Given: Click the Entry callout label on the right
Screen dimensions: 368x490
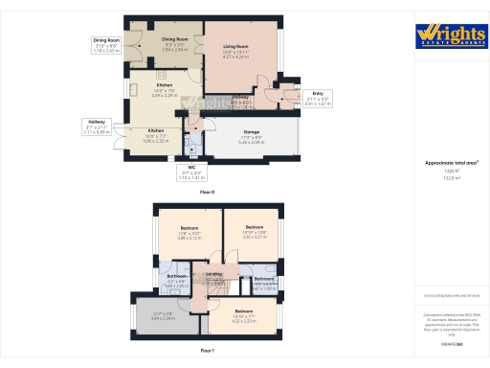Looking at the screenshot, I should click(x=318, y=97).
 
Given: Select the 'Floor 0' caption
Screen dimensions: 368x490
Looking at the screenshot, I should click(x=208, y=193).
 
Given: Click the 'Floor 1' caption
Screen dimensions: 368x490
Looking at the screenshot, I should click(x=208, y=352).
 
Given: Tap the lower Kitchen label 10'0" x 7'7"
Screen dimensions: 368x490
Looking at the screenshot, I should click(x=156, y=133).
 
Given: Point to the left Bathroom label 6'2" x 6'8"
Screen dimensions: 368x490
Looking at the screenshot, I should click(x=176, y=279).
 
